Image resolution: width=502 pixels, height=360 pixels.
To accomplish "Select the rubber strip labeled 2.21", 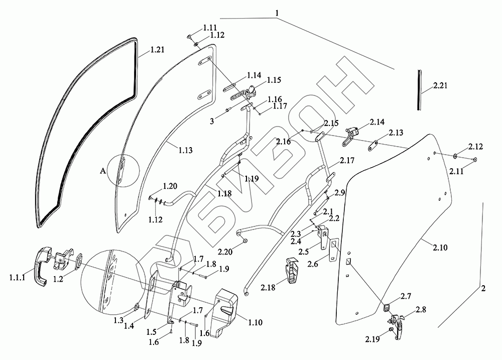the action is [x=419, y=90].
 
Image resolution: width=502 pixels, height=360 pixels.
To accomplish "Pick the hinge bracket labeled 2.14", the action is [x=350, y=136].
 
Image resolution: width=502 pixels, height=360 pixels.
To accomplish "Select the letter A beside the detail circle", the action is [x=102, y=171].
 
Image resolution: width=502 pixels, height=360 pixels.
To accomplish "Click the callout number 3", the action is [x=212, y=122].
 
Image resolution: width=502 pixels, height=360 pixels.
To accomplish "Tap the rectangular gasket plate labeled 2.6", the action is [x=333, y=250].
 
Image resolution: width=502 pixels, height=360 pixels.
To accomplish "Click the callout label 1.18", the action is [x=224, y=193].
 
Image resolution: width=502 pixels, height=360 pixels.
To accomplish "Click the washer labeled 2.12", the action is [x=455, y=156].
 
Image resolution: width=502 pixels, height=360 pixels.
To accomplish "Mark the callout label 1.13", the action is [x=185, y=150].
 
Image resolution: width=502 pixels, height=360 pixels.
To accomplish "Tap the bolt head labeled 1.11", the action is [x=190, y=37].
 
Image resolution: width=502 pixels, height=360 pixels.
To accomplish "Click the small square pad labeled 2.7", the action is [x=387, y=308].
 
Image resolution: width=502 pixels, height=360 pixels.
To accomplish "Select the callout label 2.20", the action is [x=233, y=252].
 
